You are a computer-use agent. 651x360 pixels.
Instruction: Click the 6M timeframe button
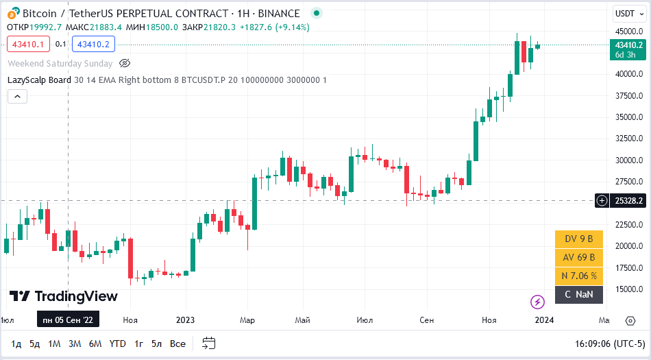tap(95, 344)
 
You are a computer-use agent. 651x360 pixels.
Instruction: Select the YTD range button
tap(118, 344)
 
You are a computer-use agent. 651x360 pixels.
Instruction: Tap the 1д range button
tap(16, 344)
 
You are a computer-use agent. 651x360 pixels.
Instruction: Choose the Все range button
tap(177, 344)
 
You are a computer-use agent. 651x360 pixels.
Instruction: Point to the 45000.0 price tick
tap(628, 32)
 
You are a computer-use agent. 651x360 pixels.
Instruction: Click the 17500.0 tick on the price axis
tap(628, 267)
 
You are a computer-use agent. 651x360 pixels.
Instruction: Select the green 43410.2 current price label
tap(628, 49)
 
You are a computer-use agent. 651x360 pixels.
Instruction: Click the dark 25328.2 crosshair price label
tap(628, 201)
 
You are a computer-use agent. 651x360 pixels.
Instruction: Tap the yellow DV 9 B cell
tap(579, 239)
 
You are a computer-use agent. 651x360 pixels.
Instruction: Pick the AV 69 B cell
tap(579, 258)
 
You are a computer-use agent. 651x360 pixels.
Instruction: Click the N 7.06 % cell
tap(579, 276)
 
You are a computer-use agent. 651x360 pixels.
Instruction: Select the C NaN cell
tap(579, 295)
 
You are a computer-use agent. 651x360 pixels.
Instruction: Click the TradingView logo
tap(64, 296)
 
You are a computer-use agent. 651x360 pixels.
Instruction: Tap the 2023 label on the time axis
tap(186, 320)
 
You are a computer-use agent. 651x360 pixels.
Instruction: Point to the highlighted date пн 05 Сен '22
tap(67, 320)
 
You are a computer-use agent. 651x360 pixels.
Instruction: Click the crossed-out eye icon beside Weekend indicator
tap(125, 63)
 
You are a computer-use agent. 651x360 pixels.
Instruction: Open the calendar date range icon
tap(209, 344)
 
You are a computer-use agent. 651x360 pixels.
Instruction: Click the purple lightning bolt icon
tap(538, 301)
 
